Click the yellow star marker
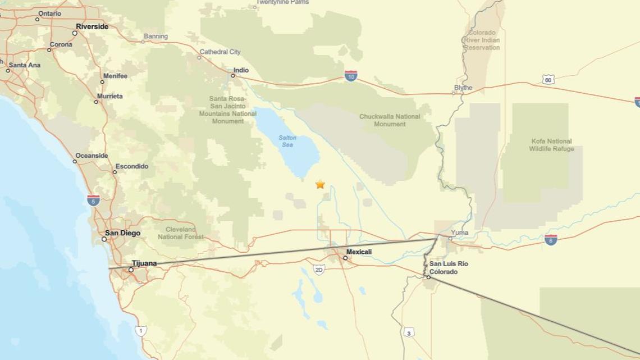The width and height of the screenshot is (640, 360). (320, 184)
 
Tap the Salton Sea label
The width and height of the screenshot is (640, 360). (287, 142)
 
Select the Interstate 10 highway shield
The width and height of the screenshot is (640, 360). (351, 76)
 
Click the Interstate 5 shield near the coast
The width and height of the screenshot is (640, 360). (94, 200)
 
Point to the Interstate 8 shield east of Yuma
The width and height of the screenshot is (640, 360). (551, 240)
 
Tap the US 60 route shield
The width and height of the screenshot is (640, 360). (548, 80)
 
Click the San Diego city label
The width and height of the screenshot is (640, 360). (122, 233)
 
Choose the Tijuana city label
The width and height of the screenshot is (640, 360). (144, 263)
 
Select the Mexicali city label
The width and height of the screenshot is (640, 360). (359, 252)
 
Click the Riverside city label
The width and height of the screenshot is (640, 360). (92, 26)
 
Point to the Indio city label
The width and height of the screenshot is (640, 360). (241, 70)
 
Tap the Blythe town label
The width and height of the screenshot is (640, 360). (463, 88)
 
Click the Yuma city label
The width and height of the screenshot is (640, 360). (459, 233)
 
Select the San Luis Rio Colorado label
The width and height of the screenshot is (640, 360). (449, 268)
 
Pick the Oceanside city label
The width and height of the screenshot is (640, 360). (92, 156)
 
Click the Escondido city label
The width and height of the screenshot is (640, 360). (131, 166)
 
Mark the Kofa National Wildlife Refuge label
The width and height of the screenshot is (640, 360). (551, 145)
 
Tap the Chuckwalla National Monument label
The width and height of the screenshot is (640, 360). (390, 120)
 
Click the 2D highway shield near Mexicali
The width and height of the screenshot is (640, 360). (319, 270)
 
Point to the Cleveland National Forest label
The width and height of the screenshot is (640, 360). (181, 233)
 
